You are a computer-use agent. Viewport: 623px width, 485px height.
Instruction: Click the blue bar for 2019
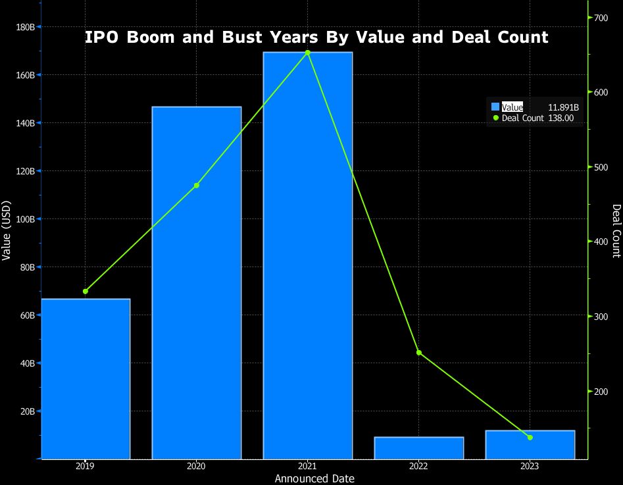tap(86, 378)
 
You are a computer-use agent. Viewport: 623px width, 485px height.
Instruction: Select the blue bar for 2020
tap(197, 282)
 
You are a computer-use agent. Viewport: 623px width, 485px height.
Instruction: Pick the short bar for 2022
tap(419, 447)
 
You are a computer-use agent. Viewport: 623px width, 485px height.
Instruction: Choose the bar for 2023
tap(530, 444)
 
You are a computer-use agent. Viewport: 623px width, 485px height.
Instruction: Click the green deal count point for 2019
tap(86, 292)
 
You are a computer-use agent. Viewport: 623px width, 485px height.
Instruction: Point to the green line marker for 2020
tap(197, 186)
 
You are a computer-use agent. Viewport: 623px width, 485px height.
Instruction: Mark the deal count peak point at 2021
tap(308, 53)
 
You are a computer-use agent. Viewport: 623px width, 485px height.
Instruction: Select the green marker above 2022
tap(419, 353)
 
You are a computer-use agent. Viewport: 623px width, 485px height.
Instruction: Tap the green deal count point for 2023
tap(530, 438)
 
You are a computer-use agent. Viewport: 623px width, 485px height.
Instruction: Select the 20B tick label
tap(26, 411)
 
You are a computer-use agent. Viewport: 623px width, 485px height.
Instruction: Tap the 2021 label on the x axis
tap(308, 466)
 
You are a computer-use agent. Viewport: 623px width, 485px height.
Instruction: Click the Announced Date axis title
tap(314, 478)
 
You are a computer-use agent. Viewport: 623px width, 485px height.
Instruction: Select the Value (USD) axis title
tap(7, 230)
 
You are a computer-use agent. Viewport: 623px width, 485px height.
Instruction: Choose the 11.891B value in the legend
tap(563, 107)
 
